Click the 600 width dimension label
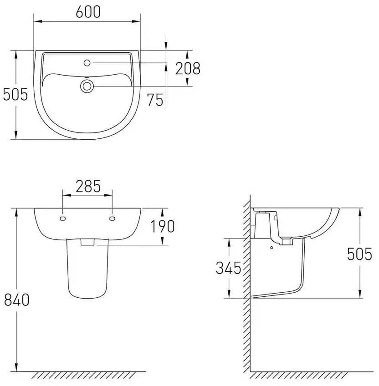pyautogui.click(x=88, y=12)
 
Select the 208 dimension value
pyautogui.click(x=188, y=68)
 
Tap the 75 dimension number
pyautogui.click(x=155, y=100)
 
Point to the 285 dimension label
pyautogui.click(x=88, y=186)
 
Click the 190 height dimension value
pyautogui.click(x=162, y=227)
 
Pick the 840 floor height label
pyautogui.click(x=17, y=300)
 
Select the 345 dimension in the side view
pyautogui.click(x=228, y=268)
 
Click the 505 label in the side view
pyautogui.click(x=359, y=254)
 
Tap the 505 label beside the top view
pyautogui.click(x=15, y=95)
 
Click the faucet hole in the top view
pyautogui.click(x=87, y=63)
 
